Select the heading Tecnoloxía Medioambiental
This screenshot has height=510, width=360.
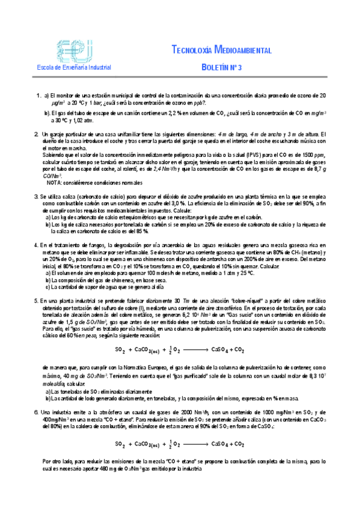[221, 50]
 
